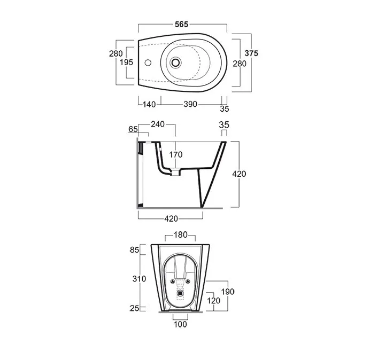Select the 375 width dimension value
(252, 53)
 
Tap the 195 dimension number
(126, 62)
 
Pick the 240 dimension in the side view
(158, 124)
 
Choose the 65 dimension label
(134, 129)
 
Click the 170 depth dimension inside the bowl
(176, 155)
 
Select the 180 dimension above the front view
(180, 235)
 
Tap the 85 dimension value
(134, 249)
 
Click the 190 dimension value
(228, 292)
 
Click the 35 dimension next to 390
(224, 109)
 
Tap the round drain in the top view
(175, 62)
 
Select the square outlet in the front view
(180, 292)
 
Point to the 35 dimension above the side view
(225, 124)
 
